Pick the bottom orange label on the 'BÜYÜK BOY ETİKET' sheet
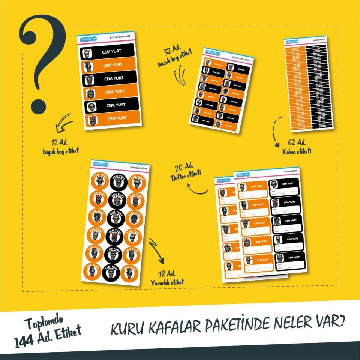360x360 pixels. (111, 119)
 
